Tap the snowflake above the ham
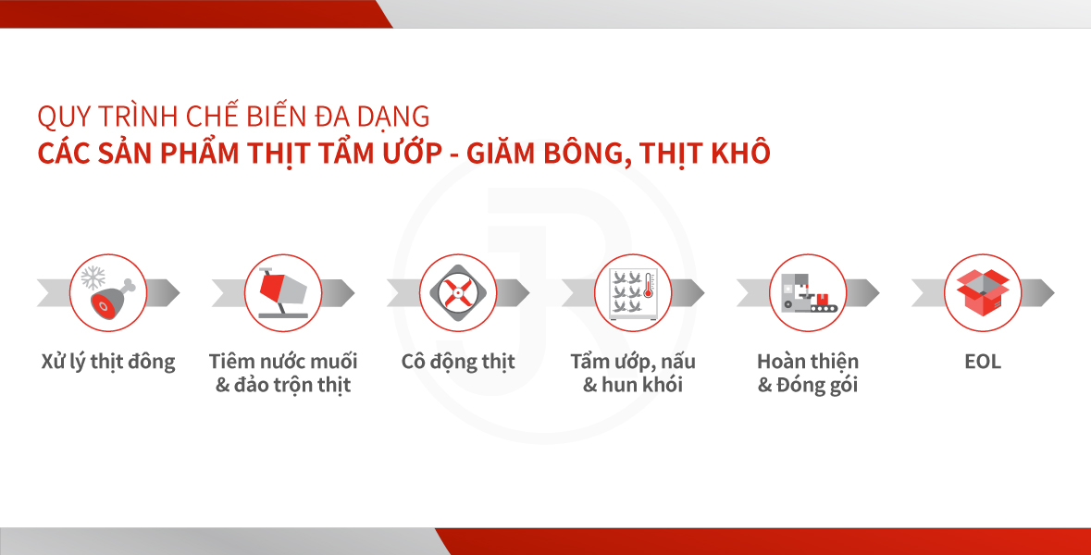point(93,277)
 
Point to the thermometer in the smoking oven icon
point(649,285)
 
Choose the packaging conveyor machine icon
point(808,293)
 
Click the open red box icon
point(983,292)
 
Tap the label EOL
point(983,362)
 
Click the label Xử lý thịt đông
point(108,363)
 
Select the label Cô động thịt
point(458,363)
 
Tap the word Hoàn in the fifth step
point(781,362)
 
